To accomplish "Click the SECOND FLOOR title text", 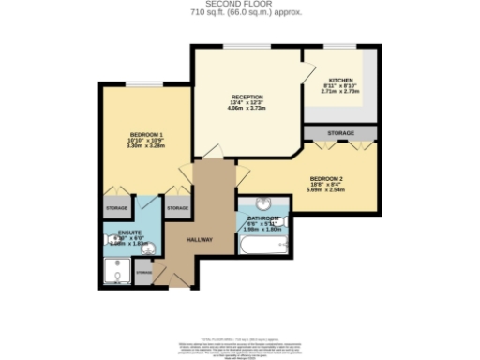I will click(240, 5).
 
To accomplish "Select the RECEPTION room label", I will click(247, 97).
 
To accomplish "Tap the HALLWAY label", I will click(200, 240).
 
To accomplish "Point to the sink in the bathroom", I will click(264, 205).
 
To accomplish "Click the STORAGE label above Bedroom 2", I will click(341, 134).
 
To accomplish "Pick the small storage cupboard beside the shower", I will click(143, 272).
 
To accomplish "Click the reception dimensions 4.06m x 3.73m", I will click(247, 109).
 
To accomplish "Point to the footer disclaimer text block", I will click(240, 346).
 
